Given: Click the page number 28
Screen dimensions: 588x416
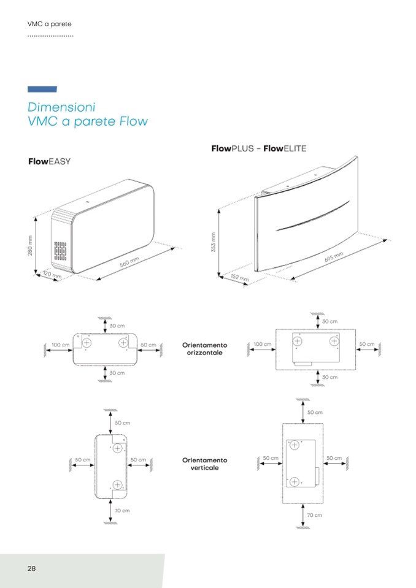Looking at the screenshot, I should click(31, 568).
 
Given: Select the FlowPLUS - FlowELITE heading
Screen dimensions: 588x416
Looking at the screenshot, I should click(258, 148).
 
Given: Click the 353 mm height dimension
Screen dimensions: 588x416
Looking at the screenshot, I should click(214, 243).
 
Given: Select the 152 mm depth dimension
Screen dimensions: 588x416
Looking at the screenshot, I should click(239, 278).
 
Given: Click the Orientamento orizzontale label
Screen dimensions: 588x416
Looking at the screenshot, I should click(204, 349).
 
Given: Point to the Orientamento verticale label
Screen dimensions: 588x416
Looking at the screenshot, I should click(204, 464).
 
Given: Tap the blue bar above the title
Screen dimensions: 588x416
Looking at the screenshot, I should click(42, 90).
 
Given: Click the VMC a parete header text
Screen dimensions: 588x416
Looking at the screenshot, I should click(50, 24).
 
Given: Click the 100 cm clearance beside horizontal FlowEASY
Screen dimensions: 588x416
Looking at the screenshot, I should click(60, 345).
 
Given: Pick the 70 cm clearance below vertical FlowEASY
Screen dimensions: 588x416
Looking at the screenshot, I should click(122, 510).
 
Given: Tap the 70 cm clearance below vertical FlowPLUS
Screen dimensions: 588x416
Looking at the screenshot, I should click(314, 515).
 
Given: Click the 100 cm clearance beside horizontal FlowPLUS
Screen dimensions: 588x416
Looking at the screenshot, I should click(262, 345).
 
